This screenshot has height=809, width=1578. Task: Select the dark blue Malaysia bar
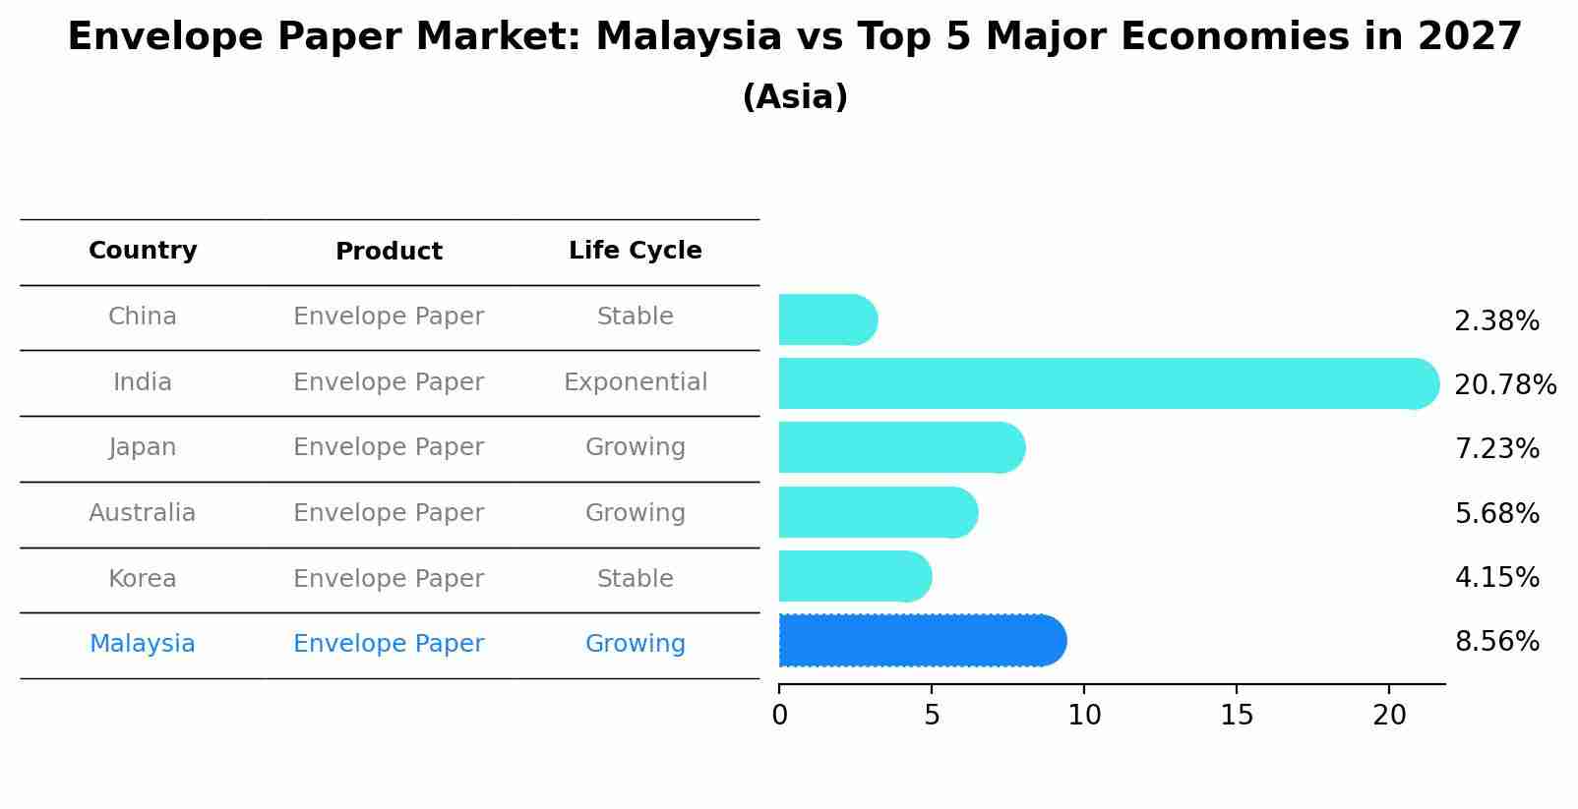coord(921,641)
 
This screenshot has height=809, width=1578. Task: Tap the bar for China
coord(826,319)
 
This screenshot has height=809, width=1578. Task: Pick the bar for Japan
coord(900,447)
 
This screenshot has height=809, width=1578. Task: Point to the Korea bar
coord(854,576)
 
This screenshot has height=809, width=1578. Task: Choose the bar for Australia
coord(877,512)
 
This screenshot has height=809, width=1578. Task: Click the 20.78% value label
coord(1504,384)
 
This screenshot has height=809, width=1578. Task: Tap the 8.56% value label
coord(1496,642)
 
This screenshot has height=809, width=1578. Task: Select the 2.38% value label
coord(1496,321)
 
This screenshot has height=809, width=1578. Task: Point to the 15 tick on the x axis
coord(1237,716)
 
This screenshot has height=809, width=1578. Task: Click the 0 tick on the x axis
coord(780,716)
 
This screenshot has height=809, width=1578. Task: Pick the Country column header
coord(143,251)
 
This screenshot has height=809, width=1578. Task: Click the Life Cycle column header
coord(635,251)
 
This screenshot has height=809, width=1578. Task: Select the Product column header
coord(389,252)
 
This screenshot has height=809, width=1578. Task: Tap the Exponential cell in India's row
coord(635,382)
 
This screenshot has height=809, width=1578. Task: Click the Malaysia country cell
coord(143,644)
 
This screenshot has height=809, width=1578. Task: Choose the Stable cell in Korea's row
coord(635,579)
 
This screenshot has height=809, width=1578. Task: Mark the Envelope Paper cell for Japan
coord(389,447)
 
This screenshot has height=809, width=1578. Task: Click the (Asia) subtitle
coord(795,97)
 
